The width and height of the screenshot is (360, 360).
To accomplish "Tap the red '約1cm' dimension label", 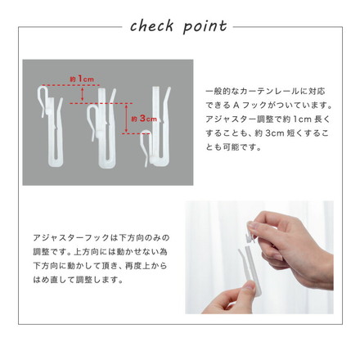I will click(82, 79).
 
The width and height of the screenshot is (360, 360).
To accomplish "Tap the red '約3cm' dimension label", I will click(144, 118).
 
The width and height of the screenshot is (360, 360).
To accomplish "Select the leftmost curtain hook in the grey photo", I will click(52, 123).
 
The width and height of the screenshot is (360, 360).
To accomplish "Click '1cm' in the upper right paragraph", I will click(295, 119).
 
